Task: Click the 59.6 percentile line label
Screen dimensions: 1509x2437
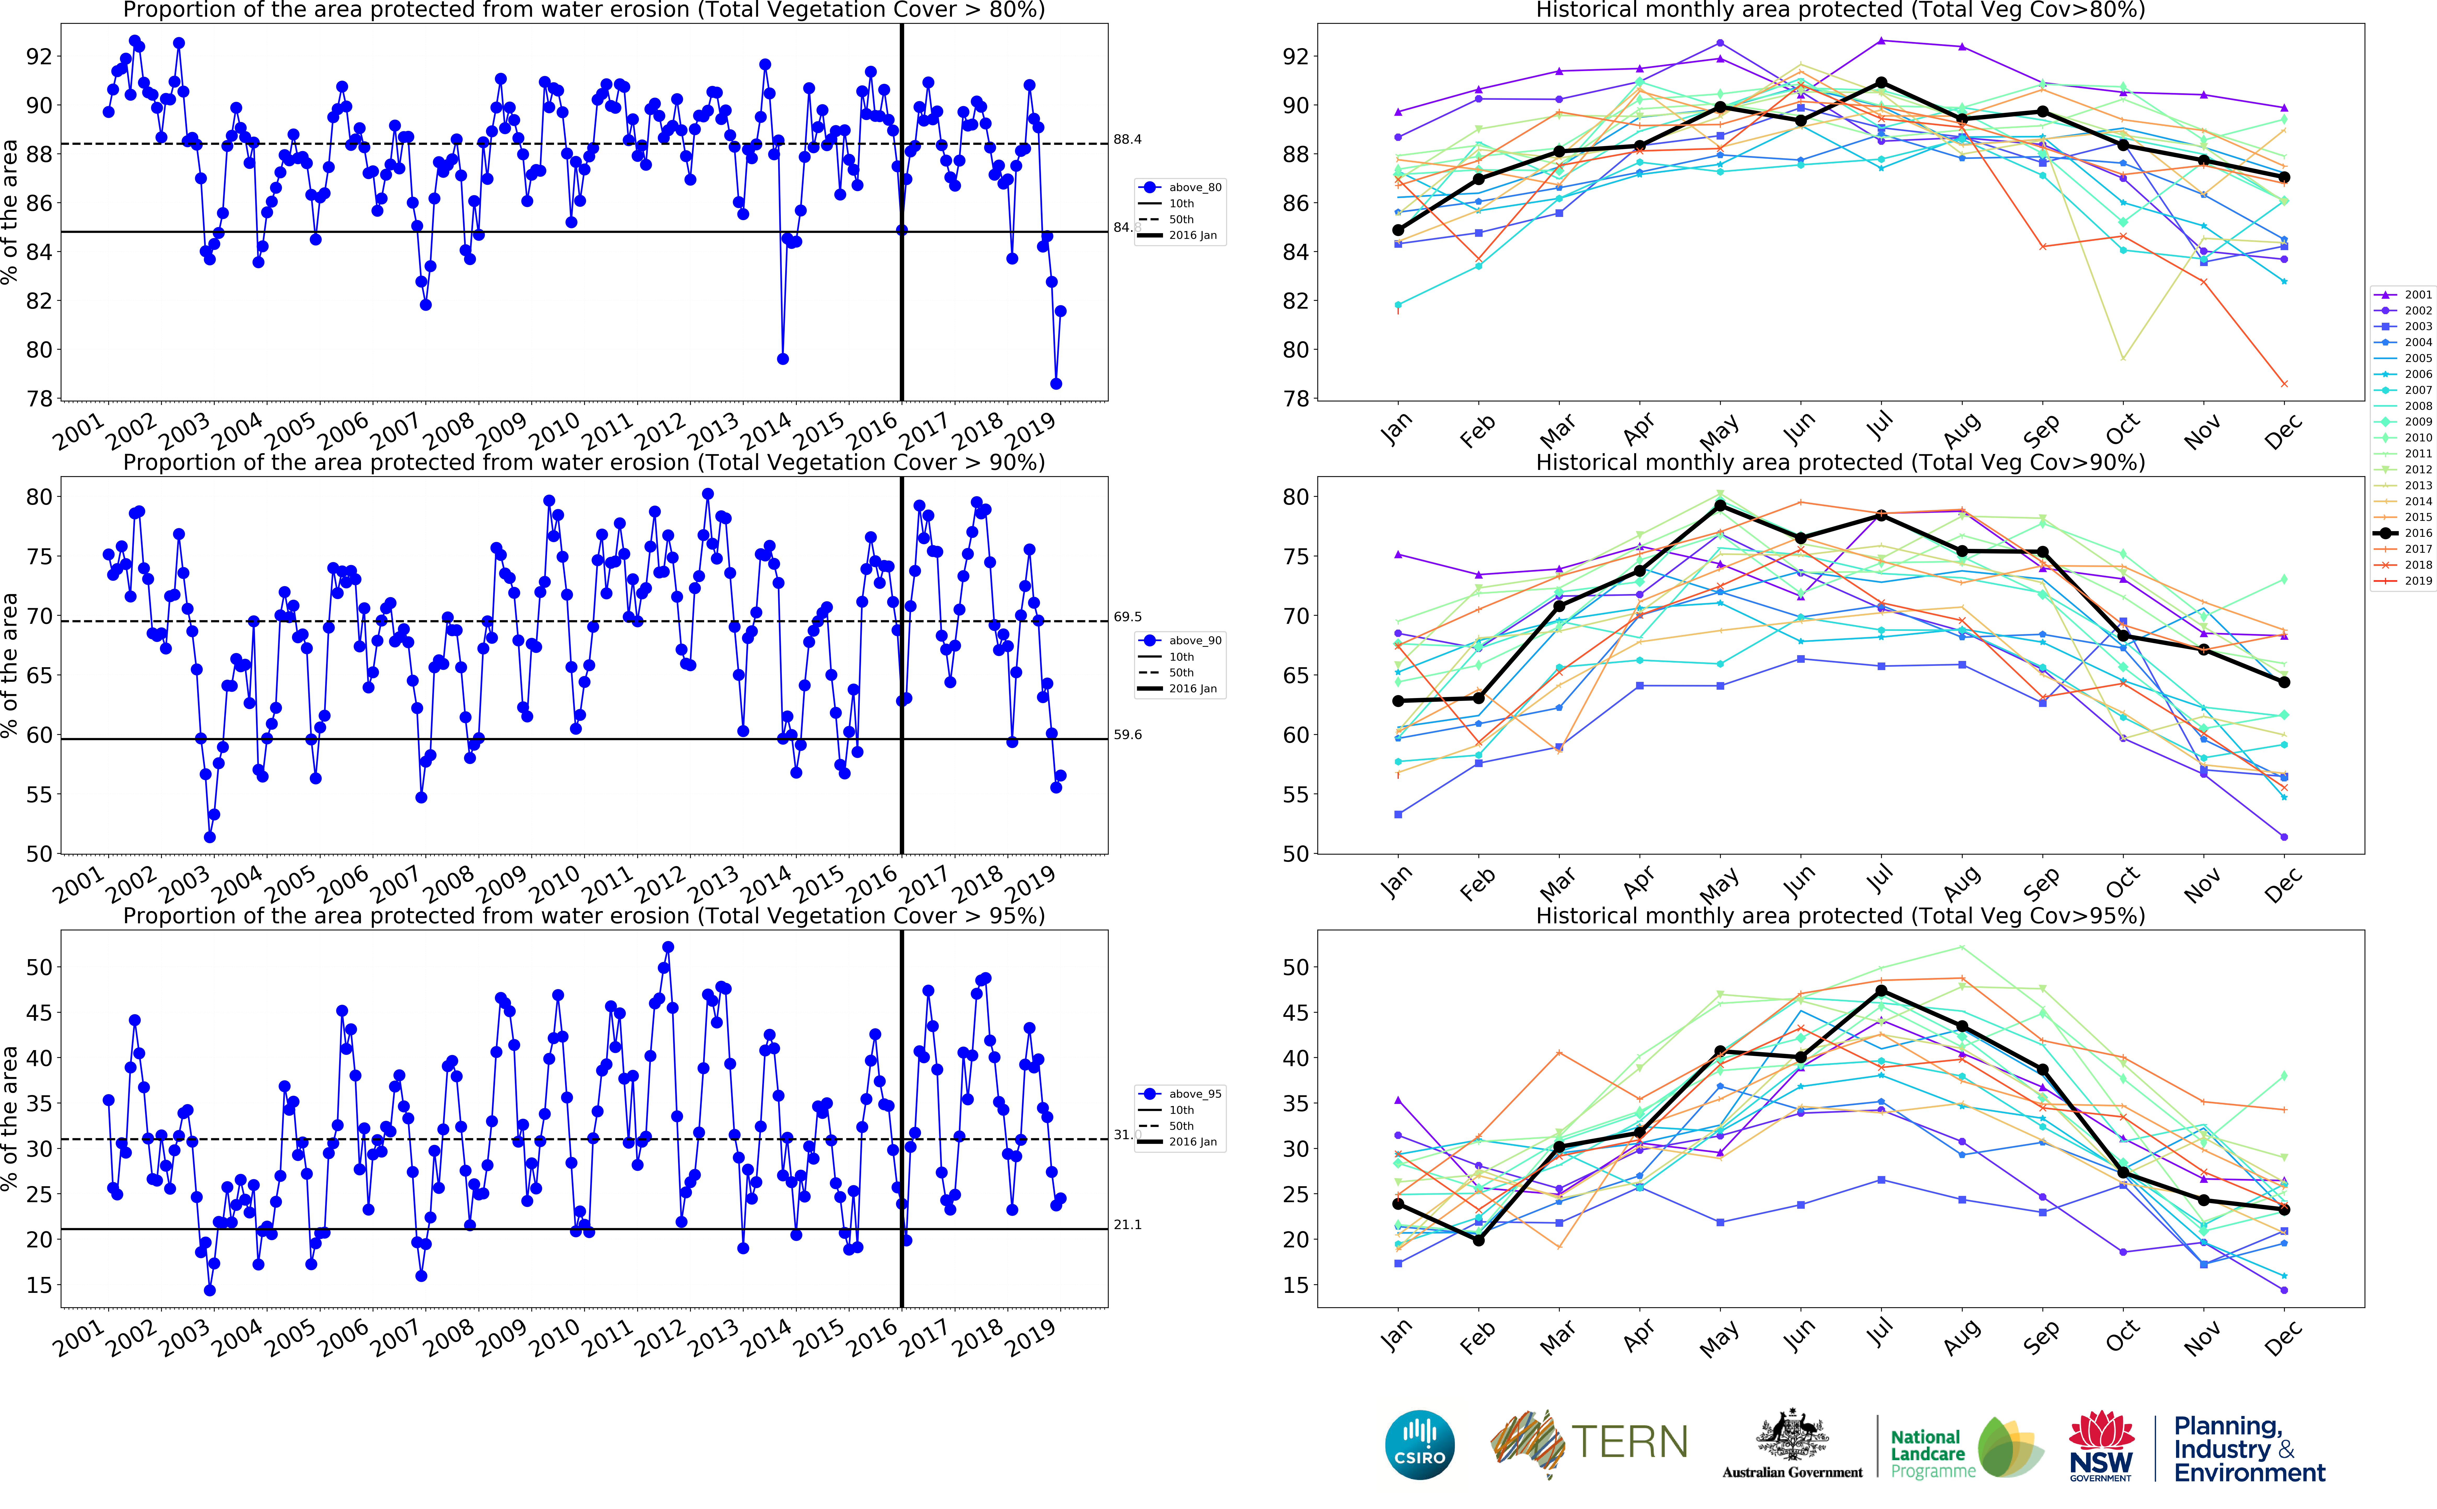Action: coord(1127,735)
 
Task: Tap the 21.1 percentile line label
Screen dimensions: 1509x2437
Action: coord(1127,1225)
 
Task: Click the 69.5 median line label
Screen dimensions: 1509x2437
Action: coord(1127,617)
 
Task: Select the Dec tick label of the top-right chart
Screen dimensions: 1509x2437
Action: coord(2282,431)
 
